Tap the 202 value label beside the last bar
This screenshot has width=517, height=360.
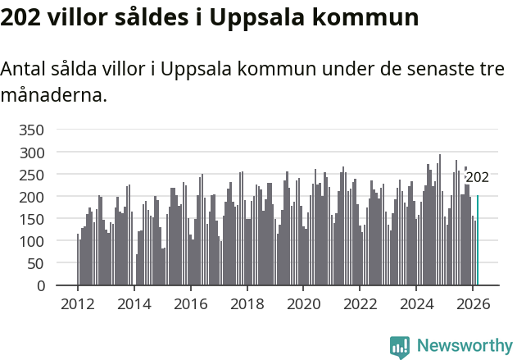(x=477, y=177)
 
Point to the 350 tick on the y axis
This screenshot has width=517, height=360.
(x=31, y=130)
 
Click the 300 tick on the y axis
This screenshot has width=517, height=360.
(x=31, y=153)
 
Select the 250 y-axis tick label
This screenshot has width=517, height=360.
(x=31, y=175)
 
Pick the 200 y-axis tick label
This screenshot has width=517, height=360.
(x=31, y=197)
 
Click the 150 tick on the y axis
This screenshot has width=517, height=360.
(x=31, y=219)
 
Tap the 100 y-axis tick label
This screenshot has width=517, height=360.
(x=31, y=241)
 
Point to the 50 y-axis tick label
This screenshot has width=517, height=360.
(x=35, y=263)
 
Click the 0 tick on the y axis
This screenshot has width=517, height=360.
(x=40, y=286)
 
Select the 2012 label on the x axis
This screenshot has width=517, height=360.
(x=78, y=303)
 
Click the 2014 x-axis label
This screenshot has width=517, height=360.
(x=134, y=303)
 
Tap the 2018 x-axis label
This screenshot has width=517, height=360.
(x=247, y=303)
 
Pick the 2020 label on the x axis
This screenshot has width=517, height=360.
(x=303, y=303)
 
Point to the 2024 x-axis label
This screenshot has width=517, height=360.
(x=416, y=303)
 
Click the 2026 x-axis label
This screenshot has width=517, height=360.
(x=473, y=303)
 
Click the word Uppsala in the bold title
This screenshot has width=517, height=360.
(x=255, y=17)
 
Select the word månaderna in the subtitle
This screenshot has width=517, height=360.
(x=53, y=95)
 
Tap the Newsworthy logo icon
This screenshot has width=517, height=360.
(x=400, y=347)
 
